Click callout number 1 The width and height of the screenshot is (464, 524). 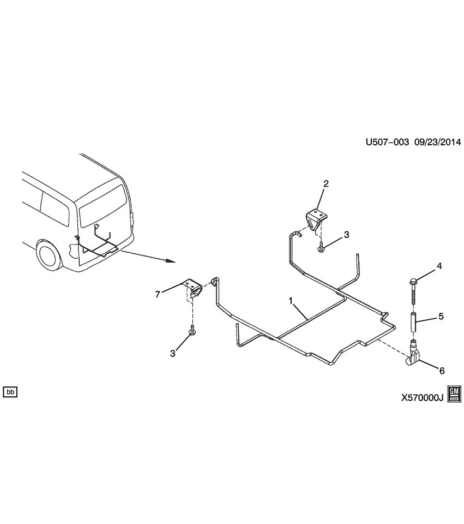pyautogui.click(x=291, y=301)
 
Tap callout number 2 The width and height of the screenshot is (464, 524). pyautogui.click(x=326, y=184)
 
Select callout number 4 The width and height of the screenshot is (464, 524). pyautogui.click(x=438, y=266)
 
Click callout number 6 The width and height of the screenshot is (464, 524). pyautogui.click(x=442, y=371)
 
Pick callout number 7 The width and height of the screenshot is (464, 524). pyautogui.click(x=158, y=294)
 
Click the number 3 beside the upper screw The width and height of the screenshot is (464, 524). pyautogui.click(x=346, y=235)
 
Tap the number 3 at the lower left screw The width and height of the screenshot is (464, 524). pyautogui.click(x=173, y=353)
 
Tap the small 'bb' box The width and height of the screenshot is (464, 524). pyautogui.click(x=10, y=392)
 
